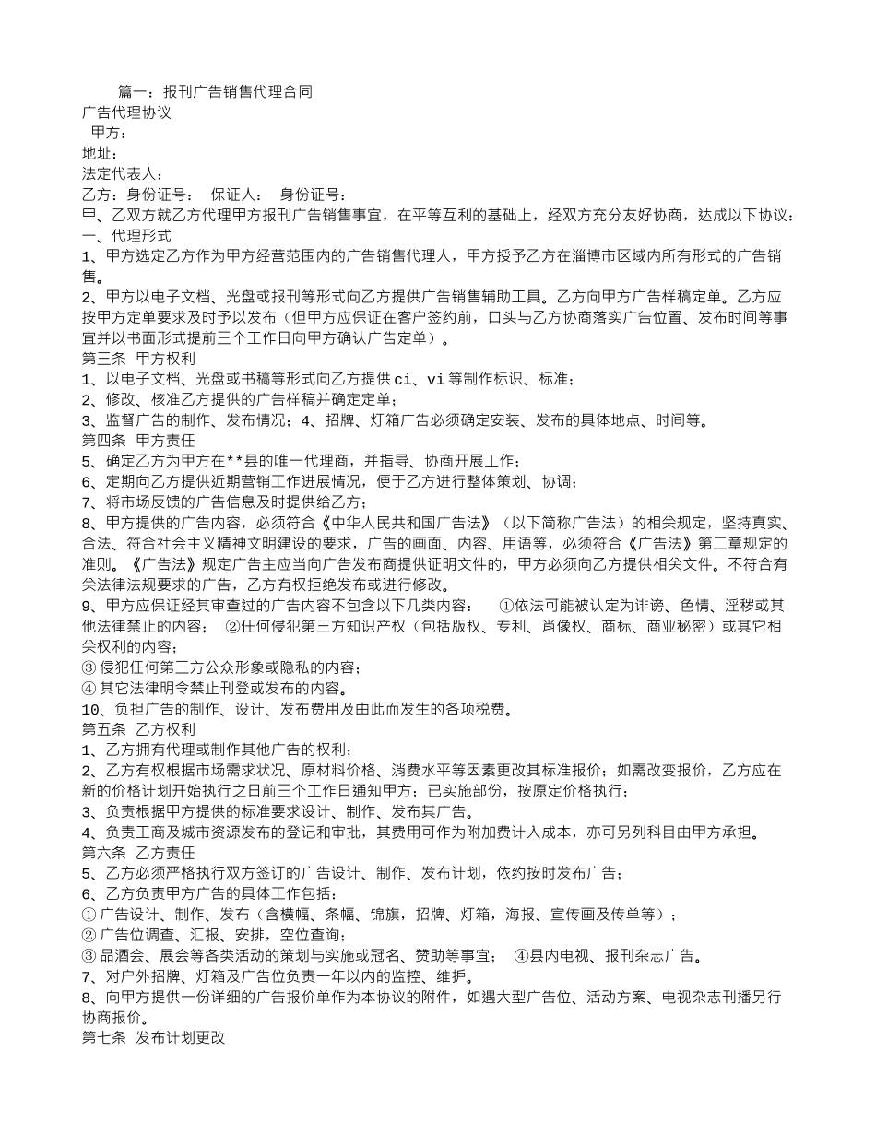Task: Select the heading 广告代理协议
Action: (x=126, y=112)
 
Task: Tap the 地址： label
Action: (x=100, y=153)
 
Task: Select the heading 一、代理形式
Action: (x=126, y=235)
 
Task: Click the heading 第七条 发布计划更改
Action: (x=153, y=1037)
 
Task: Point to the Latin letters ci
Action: (x=403, y=379)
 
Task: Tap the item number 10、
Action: (x=94, y=709)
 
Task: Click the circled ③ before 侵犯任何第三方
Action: (x=89, y=667)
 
